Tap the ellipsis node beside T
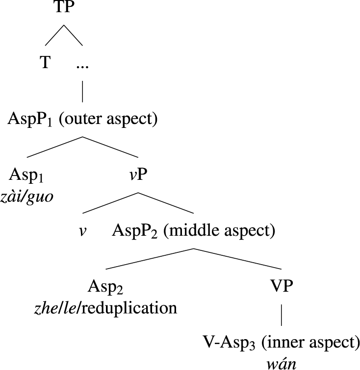(x=82, y=65)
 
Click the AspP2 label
(x=135, y=230)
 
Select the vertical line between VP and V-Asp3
(x=281, y=316)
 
